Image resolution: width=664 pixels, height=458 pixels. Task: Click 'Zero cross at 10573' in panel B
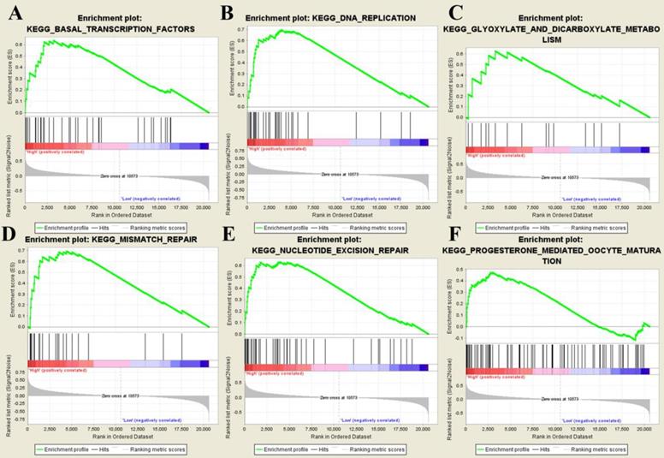pyautogui.click(x=340, y=175)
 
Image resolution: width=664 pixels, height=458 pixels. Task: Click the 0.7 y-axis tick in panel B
pyautogui.click(x=240, y=29)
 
